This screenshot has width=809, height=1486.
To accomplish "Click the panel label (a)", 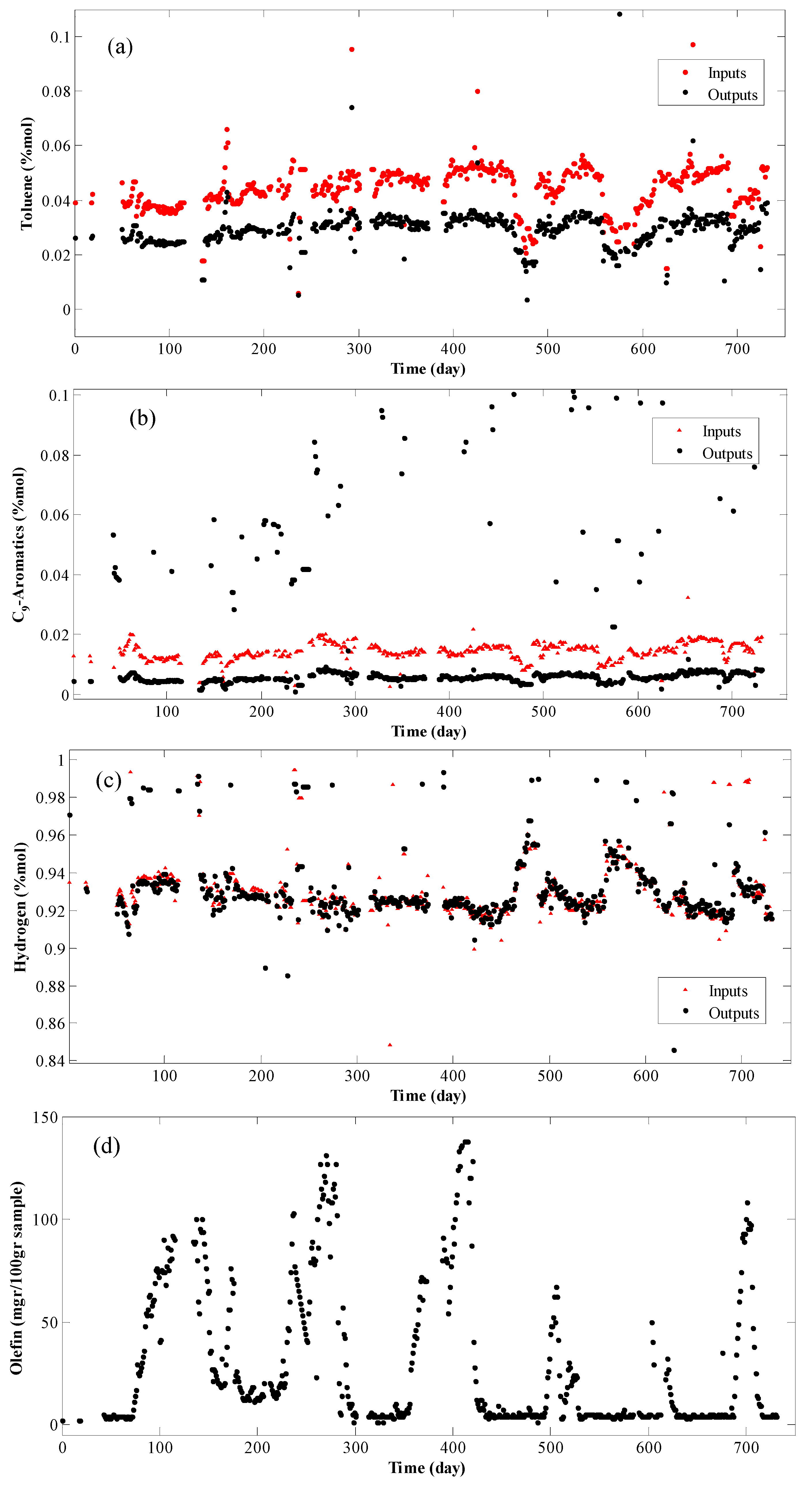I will tap(120, 47).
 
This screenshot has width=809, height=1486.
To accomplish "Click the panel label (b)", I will tap(142, 418).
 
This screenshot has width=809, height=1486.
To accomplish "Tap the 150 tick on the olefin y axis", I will tap(46, 1118).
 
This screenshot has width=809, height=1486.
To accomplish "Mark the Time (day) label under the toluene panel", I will tap(428, 368).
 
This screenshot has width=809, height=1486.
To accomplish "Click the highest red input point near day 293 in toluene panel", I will tap(352, 50).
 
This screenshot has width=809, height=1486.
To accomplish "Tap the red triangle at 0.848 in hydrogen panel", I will tap(390, 1045).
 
